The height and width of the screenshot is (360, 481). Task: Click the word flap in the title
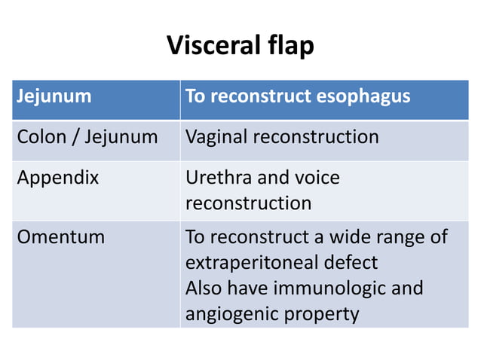(289, 47)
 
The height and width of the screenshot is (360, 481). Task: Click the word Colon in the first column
(41, 137)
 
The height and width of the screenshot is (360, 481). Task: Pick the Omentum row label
(60, 237)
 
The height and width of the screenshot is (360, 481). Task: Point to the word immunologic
(343, 288)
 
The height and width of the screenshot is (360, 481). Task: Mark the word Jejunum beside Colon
(121, 137)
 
